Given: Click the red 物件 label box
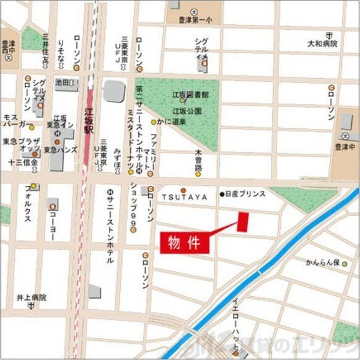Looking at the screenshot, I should click(x=185, y=242).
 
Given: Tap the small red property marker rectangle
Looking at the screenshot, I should click(x=243, y=222).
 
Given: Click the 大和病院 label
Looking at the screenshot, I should click(x=322, y=44).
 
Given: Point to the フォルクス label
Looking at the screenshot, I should click(x=29, y=201).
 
